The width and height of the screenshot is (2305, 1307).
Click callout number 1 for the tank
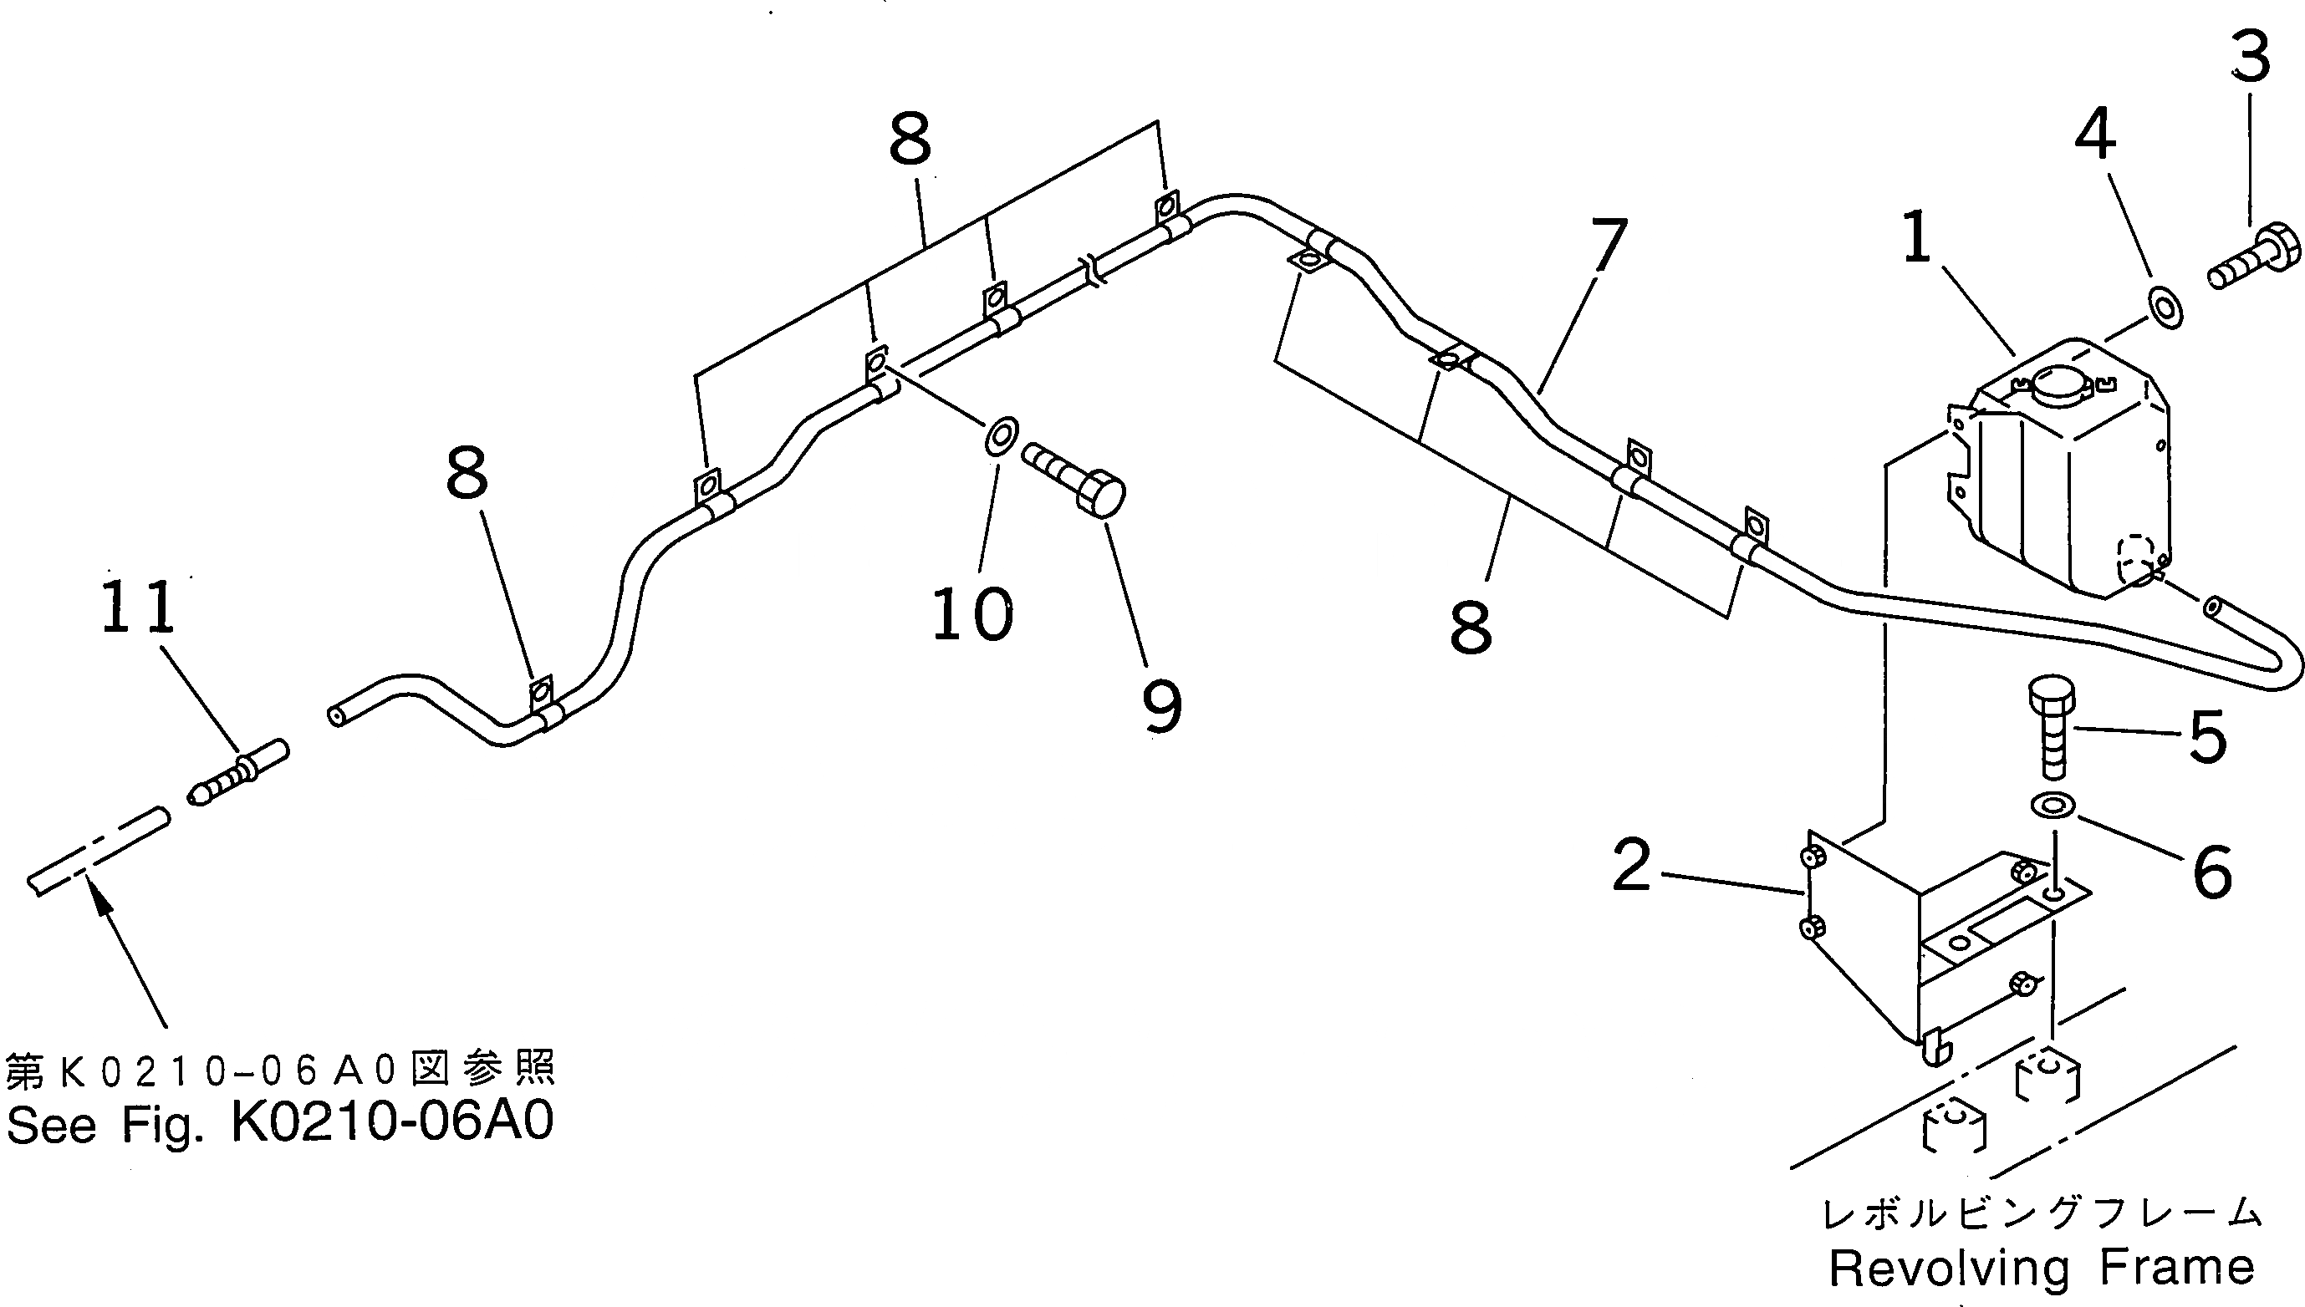tap(1916, 238)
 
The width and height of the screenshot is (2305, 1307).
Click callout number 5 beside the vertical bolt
tap(2208, 737)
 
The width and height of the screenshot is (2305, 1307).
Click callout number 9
tap(1162, 706)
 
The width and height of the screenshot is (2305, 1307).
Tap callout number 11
tap(137, 607)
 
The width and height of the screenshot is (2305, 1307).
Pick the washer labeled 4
tap(2166, 308)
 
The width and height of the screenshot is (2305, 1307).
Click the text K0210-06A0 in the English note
tap(392, 1121)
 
